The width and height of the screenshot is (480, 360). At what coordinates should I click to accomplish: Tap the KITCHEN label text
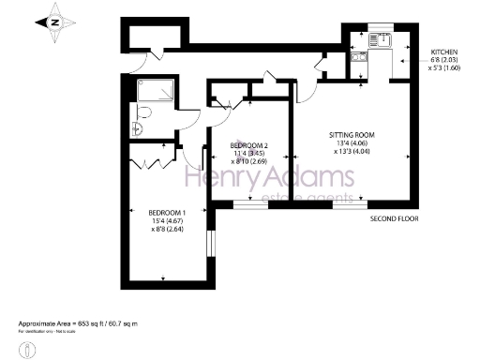pyautogui.click(x=444, y=52)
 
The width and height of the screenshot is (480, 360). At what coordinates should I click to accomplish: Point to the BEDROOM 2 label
pyautogui.click(x=250, y=145)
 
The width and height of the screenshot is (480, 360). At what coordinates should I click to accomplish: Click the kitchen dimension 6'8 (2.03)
pyautogui.click(x=443, y=61)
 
